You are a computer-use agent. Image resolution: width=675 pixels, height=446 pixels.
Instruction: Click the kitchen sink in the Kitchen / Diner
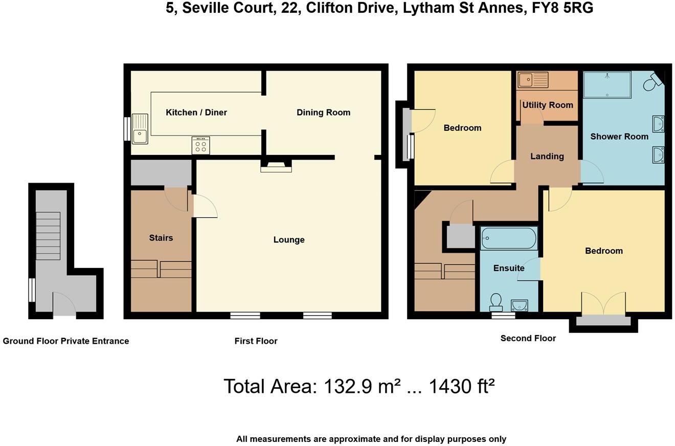pyautogui.click(x=140, y=129)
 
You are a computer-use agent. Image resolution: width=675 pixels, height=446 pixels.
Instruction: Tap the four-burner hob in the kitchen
pyautogui.click(x=200, y=145)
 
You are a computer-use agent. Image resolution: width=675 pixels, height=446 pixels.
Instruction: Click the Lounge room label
pyautogui.click(x=289, y=240)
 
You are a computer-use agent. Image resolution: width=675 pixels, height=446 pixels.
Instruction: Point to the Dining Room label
pyautogui.click(x=323, y=113)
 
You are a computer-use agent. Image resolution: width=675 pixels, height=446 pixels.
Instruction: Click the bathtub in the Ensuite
pyautogui.click(x=509, y=238)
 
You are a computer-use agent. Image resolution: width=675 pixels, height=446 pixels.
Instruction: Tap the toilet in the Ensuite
pyautogui.click(x=496, y=302)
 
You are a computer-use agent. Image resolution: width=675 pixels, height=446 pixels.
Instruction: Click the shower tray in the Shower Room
pyautogui.click(x=607, y=84)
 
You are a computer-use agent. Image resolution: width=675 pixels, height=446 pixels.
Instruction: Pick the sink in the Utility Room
pyautogui.click(x=532, y=80)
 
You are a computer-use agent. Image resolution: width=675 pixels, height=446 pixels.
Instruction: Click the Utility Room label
pyautogui.click(x=547, y=105)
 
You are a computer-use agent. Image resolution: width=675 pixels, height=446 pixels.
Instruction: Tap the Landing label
pyautogui.click(x=547, y=157)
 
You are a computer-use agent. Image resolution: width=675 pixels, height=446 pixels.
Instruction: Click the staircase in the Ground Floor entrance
pyautogui.click(x=48, y=236)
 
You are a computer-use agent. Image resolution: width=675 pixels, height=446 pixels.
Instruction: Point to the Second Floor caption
pyautogui.click(x=528, y=338)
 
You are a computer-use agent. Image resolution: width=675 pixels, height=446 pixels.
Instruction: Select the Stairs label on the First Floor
pyautogui.click(x=161, y=238)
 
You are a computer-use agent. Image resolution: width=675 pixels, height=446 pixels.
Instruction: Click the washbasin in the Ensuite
pyautogui.click(x=519, y=305)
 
